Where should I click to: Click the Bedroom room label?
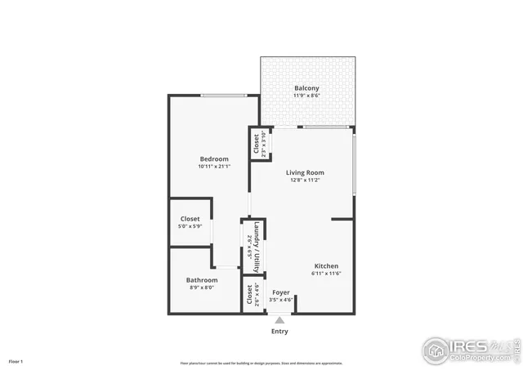214,158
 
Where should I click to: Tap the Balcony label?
306,88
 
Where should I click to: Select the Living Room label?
305,172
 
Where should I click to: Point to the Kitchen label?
327,266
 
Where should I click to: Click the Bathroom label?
202,280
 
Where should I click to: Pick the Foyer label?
281,292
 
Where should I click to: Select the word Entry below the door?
279,332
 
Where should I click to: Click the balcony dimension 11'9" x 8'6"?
306,96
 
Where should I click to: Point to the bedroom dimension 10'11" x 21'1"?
214,167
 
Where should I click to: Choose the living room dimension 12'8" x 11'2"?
305,180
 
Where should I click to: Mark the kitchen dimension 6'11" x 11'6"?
327,274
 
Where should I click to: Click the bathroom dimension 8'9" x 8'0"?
202,287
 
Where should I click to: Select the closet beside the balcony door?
257,144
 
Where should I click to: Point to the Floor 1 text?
16,360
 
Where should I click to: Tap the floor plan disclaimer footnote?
261,363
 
